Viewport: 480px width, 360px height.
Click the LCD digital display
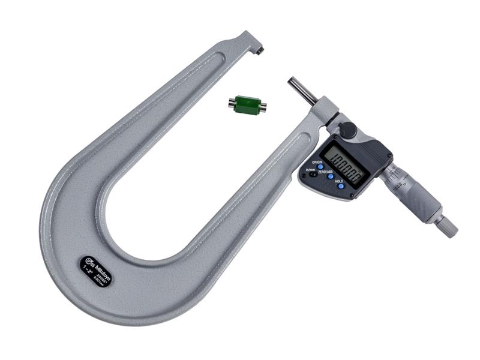click(344, 164)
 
